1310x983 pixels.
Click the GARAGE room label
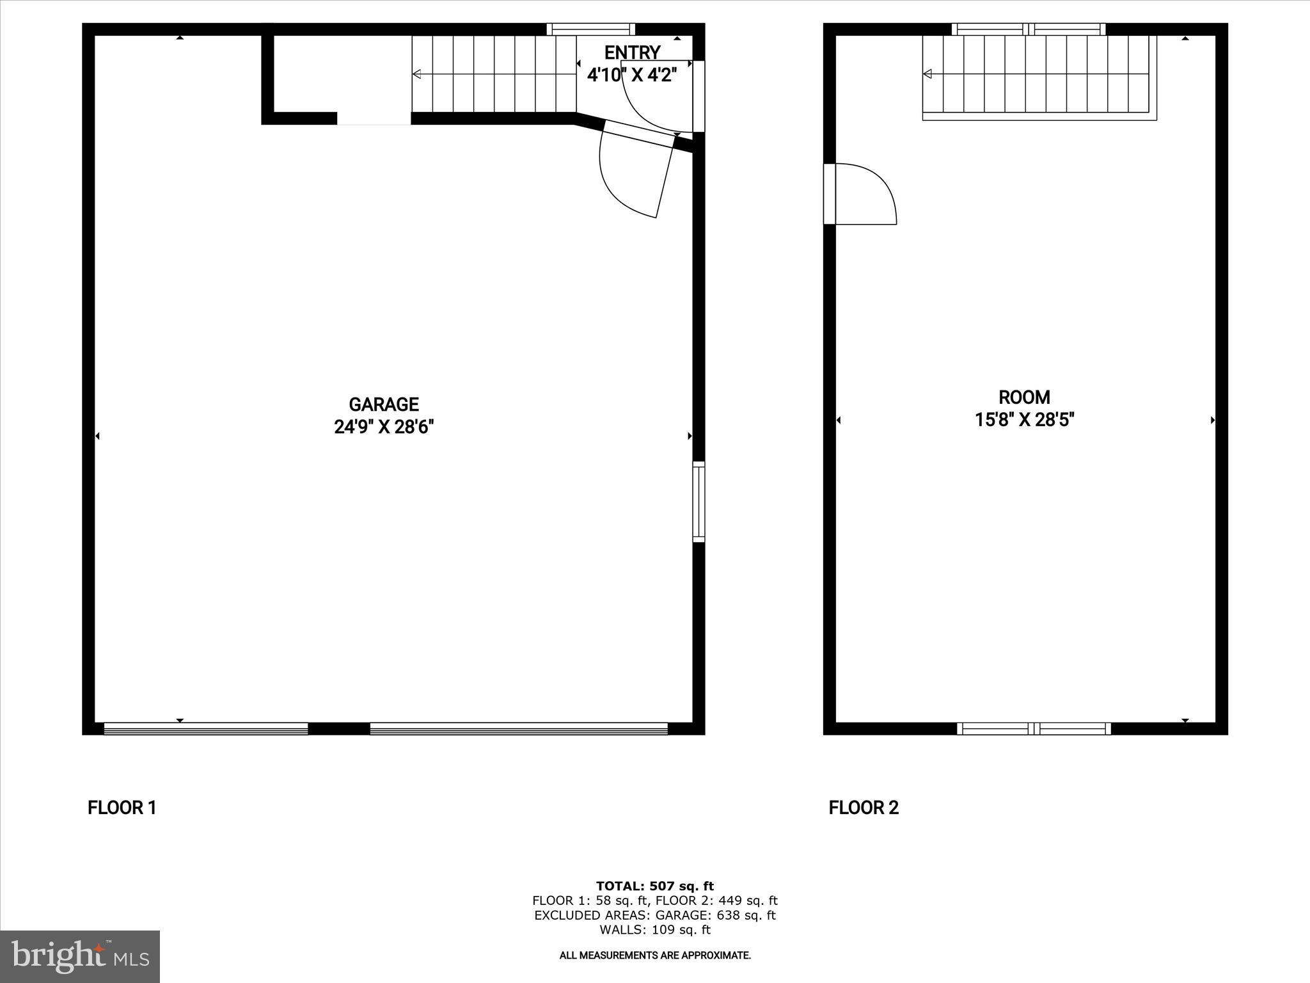point(384,404)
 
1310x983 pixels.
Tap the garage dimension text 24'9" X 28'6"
point(384,427)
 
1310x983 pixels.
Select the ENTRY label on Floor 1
point(632,52)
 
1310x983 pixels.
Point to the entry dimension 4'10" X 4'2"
point(632,75)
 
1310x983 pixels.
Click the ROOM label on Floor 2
point(1024,397)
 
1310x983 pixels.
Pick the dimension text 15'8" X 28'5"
point(1024,420)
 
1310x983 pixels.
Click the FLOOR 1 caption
point(122,808)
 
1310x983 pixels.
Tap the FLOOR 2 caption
point(864,808)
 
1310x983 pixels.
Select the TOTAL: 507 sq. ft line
point(655,886)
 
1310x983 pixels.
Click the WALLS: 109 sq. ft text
point(655,930)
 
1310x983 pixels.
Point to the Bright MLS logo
point(80,956)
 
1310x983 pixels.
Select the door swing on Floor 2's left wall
point(864,194)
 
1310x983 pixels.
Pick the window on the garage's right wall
point(698,502)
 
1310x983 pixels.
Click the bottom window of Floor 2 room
point(1034,728)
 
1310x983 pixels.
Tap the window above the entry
point(591,29)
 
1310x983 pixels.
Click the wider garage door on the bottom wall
point(519,728)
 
